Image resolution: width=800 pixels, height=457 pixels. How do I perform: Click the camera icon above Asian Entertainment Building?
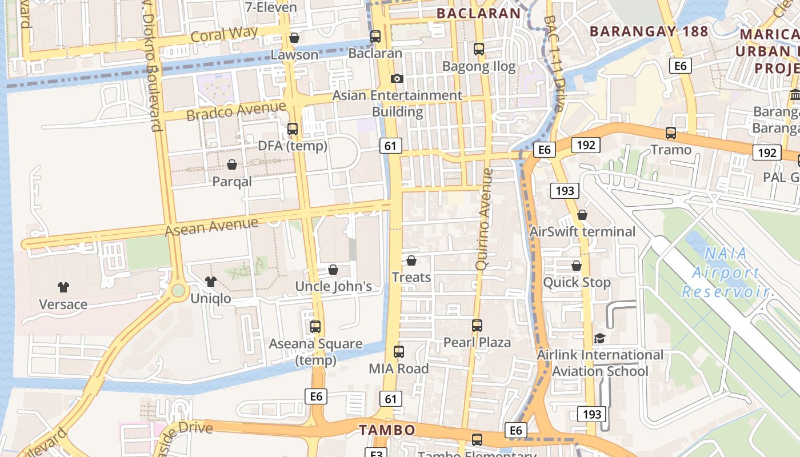point(397,78)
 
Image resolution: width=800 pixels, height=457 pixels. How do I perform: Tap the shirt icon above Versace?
point(63,287)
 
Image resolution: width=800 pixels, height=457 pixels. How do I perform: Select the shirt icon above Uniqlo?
point(211,281)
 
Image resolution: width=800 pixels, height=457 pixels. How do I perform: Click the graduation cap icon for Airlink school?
point(599,338)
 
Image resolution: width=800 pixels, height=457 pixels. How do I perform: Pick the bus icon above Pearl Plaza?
point(477,326)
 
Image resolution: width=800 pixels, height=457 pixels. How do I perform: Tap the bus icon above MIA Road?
point(399,352)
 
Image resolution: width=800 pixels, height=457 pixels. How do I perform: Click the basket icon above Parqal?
point(232,165)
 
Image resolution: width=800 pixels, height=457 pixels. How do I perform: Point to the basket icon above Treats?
point(411,260)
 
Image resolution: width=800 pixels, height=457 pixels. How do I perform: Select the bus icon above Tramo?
point(671,133)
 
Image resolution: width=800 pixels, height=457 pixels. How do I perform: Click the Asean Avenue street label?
point(211,226)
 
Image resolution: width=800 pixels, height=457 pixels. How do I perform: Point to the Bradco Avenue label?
point(236,110)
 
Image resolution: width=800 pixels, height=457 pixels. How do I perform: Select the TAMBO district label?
point(386,430)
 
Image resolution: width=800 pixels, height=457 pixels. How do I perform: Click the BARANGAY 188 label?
point(649,31)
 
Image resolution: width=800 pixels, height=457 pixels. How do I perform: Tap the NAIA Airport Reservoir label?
point(726,272)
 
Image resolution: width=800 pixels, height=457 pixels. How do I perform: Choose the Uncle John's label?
point(333,286)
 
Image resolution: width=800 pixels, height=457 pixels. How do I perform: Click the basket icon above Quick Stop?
point(577,266)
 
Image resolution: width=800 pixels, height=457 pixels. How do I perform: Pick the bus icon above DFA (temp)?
point(293,129)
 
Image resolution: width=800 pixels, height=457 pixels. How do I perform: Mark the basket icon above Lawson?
point(294,38)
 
